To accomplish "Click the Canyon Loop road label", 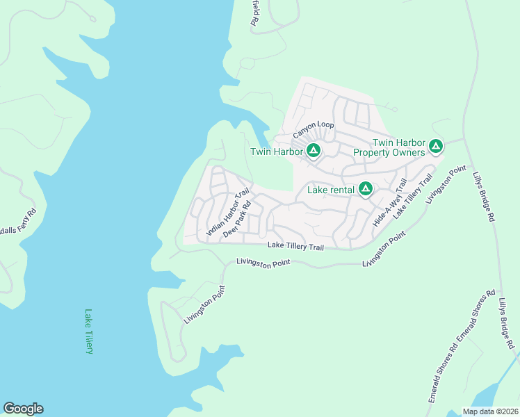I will pyautogui.click(x=313, y=126).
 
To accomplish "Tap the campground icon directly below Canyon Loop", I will pyautogui.click(x=314, y=150).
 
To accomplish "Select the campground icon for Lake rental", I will pyautogui.click(x=365, y=189).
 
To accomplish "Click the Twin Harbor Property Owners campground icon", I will pyautogui.click(x=435, y=146).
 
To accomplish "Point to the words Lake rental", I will pyautogui.click(x=331, y=190).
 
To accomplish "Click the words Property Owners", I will pyautogui.click(x=389, y=152).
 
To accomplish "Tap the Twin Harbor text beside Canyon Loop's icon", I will pyautogui.click(x=276, y=152).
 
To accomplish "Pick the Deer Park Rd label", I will pyautogui.click(x=237, y=221).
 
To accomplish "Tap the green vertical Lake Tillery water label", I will pyautogui.click(x=88, y=332).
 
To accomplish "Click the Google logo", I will pyautogui.click(x=23, y=409).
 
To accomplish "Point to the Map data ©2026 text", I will pyautogui.click(x=490, y=411).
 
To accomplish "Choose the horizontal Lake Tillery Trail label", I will pyautogui.click(x=296, y=247).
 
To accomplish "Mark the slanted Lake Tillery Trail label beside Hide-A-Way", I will pyautogui.click(x=413, y=197).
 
